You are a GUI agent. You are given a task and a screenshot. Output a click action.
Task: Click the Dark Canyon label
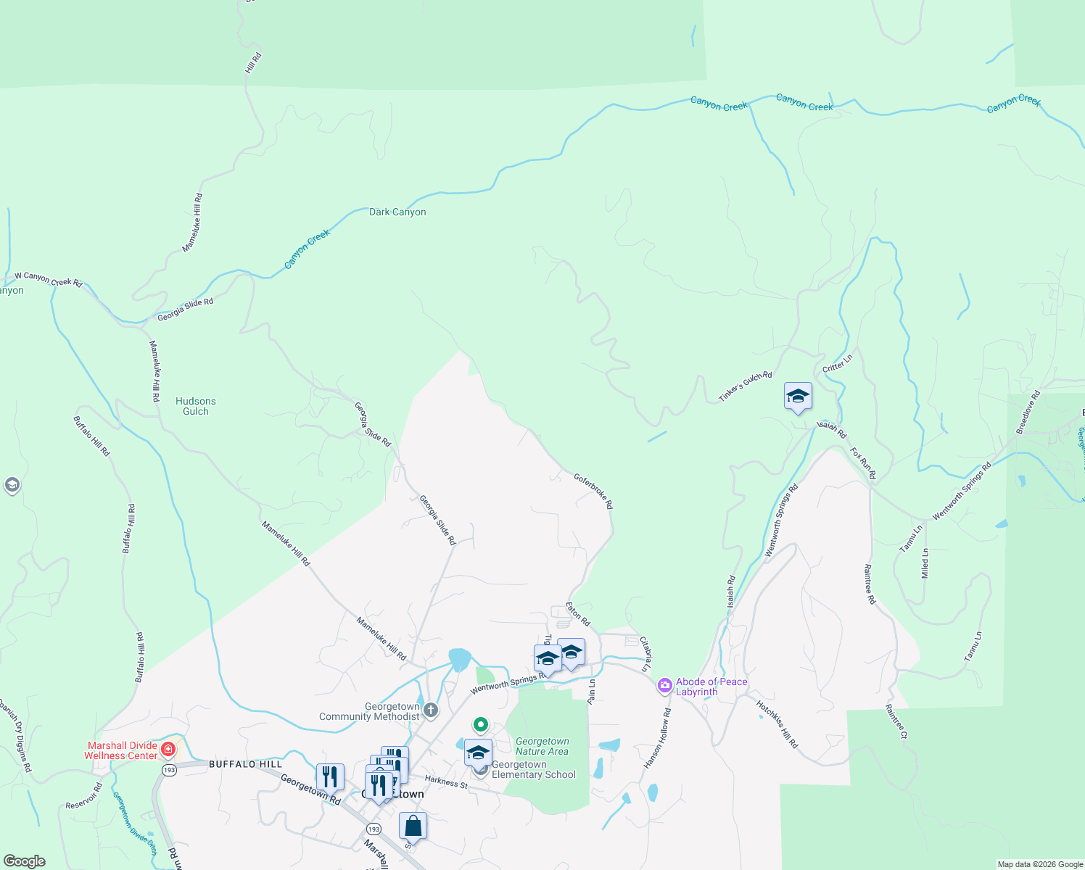[397, 212]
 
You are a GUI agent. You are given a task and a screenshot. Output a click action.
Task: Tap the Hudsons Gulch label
[196, 406]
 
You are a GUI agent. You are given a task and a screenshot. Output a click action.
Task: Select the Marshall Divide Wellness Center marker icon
[168, 749]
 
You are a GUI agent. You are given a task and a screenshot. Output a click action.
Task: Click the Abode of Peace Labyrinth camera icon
[664, 685]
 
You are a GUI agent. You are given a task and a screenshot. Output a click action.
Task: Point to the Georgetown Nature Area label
[542, 746]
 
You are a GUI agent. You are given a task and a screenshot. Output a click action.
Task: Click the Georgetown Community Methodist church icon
[431, 710]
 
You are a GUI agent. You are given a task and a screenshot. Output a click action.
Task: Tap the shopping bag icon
[413, 826]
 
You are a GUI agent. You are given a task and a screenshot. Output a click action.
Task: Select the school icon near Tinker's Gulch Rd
[798, 397]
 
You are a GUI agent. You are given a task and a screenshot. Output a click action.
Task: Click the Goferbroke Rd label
[593, 491]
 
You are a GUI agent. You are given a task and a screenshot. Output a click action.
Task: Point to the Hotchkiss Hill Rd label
[777, 724]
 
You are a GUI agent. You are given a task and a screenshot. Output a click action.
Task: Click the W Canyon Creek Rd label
[49, 279]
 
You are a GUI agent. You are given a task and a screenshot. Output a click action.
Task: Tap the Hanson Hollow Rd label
[658, 739]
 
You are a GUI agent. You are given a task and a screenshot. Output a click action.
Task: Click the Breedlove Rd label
[1028, 413]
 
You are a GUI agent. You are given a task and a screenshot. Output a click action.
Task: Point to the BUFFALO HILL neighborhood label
[245, 764]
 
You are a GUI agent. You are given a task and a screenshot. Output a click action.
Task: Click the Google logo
[24, 861]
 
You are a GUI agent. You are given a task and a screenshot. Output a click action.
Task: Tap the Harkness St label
[447, 782]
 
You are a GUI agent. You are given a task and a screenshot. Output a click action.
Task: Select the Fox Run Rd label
[863, 463]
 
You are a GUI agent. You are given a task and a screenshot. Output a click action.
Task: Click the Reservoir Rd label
[84, 796]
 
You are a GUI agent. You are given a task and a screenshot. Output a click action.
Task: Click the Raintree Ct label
[896, 721]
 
